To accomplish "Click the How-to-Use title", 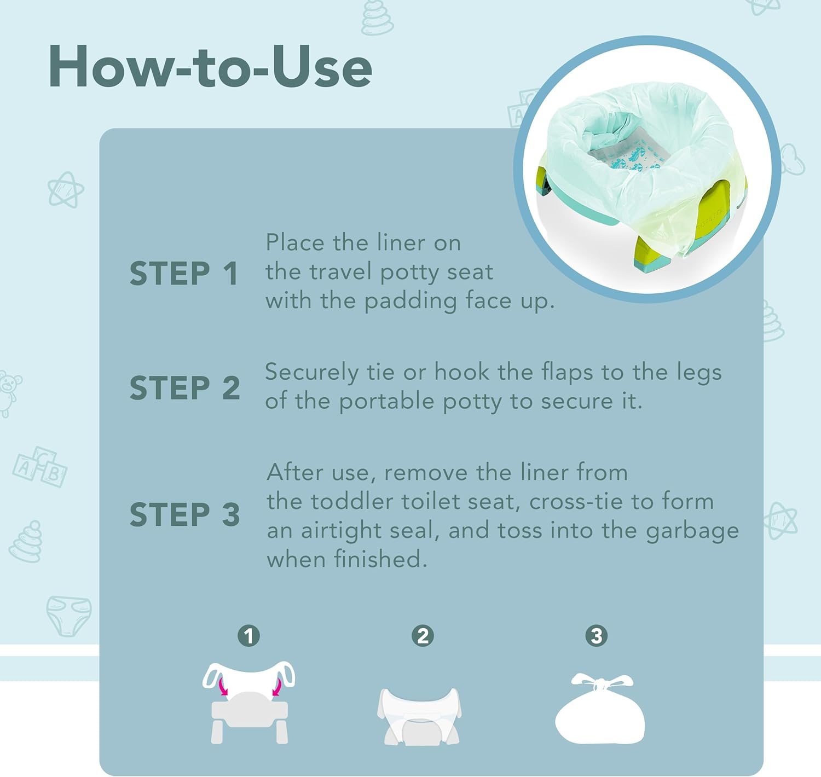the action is click(x=210, y=67).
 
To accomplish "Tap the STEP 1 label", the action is click(x=184, y=274).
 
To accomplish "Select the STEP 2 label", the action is click(x=184, y=388).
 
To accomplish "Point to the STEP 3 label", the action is click(x=184, y=514).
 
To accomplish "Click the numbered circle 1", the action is click(x=248, y=636).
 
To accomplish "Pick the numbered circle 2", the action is click(x=423, y=636).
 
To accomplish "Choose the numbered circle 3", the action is click(x=597, y=636).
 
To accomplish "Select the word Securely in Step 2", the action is click(x=311, y=373).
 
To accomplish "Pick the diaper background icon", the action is click(x=69, y=616).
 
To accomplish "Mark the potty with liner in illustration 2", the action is click(x=419, y=716).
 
